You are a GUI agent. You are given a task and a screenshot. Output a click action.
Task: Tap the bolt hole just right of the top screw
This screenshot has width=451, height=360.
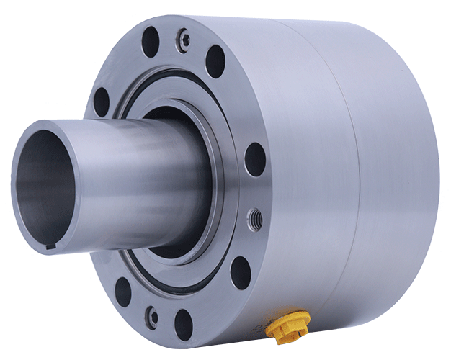(215, 60)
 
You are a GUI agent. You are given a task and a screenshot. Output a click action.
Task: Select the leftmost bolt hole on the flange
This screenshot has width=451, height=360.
(100, 101)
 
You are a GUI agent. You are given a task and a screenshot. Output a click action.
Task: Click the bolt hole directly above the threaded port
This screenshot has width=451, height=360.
(254, 159)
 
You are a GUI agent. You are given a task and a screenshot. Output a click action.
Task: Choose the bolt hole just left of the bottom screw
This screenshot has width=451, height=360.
(123, 291)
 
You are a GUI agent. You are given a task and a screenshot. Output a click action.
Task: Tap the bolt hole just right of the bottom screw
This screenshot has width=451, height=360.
(184, 325)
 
